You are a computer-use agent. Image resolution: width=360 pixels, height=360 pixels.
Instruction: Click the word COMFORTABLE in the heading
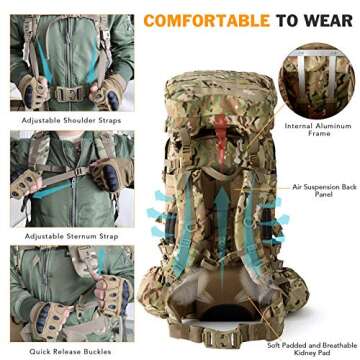point(206,19)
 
